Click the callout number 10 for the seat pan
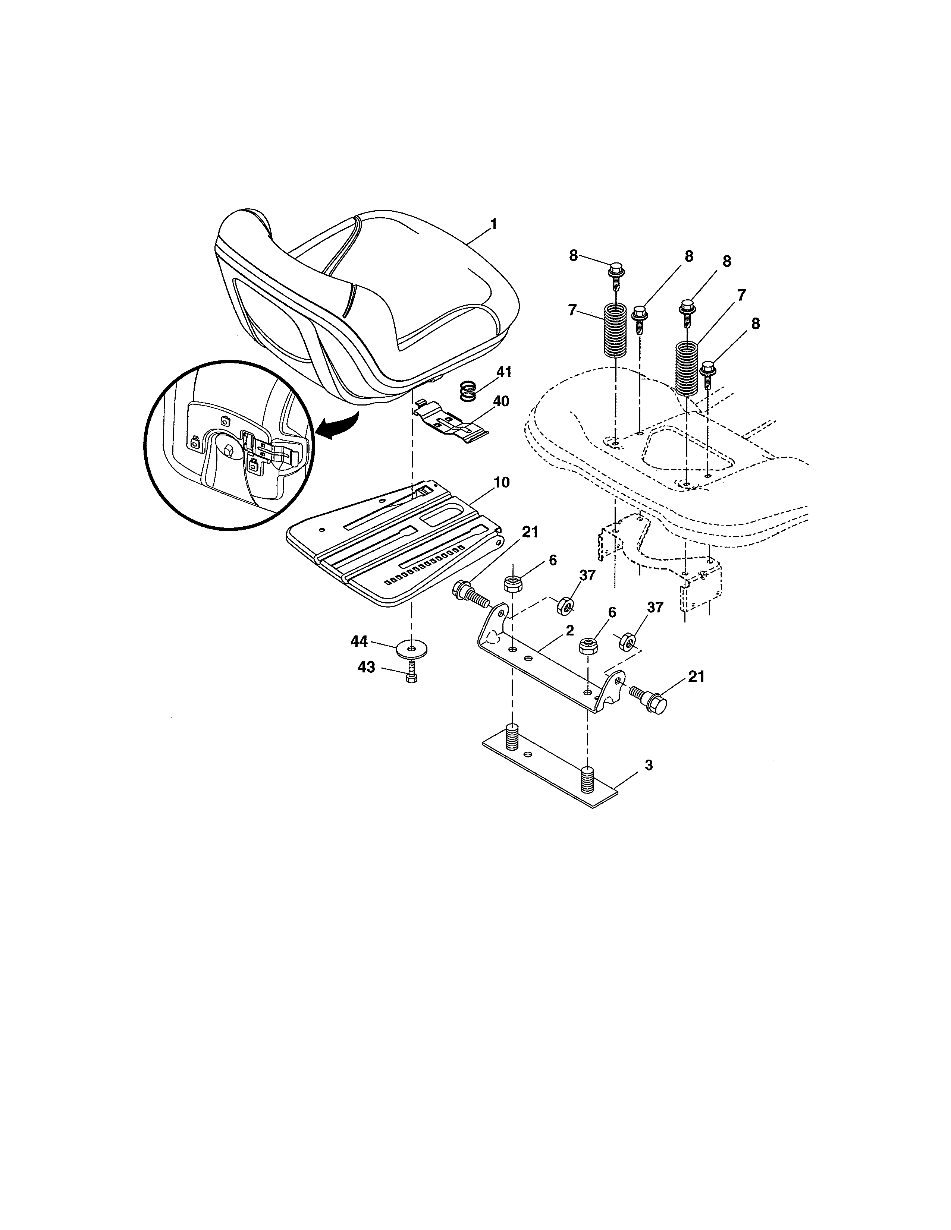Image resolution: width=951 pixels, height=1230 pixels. (501, 483)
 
